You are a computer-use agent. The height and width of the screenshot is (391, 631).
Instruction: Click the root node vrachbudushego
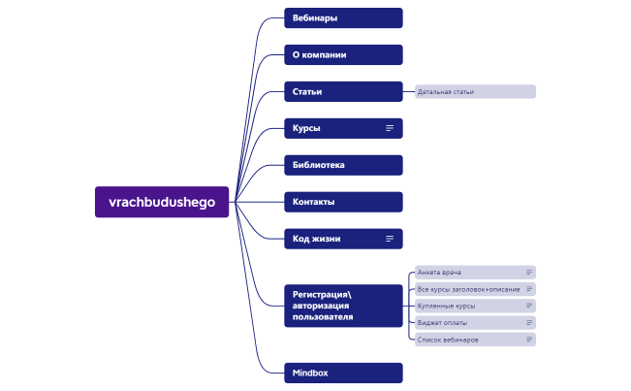162,202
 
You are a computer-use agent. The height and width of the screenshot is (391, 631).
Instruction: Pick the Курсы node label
307,128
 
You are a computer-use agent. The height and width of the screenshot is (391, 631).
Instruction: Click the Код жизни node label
317,239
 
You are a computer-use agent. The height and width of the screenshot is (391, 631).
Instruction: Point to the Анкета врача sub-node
442,273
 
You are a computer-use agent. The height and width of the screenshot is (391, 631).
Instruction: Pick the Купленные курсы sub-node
447,306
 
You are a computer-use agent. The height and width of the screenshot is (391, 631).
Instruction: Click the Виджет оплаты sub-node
442,322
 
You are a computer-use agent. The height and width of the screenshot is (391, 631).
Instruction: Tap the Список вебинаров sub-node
449,340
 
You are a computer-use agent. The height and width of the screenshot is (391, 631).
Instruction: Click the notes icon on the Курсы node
390,128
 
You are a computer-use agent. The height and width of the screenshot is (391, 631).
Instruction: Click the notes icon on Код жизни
390,239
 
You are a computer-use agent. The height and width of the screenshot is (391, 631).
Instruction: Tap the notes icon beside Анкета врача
529,273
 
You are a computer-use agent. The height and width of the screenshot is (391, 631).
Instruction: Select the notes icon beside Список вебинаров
529,340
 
